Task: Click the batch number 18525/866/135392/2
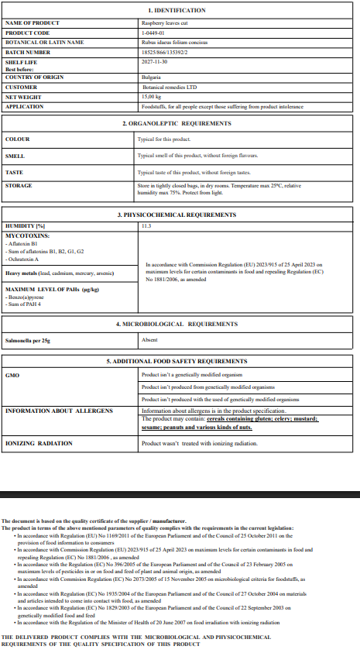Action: point(166,51)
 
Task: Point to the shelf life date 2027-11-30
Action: point(153,61)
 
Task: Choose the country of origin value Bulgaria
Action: point(151,77)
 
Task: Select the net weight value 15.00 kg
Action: point(151,97)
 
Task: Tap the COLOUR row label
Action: point(18,139)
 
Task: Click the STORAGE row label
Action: point(19,186)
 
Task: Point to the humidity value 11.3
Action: point(146,225)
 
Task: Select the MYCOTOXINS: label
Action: point(27,234)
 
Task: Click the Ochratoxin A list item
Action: point(28,259)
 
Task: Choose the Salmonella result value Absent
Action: point(149,339)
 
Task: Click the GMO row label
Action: point(12,375)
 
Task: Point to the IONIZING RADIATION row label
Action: point(39,444)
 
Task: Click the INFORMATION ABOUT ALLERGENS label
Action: point(59,411)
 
